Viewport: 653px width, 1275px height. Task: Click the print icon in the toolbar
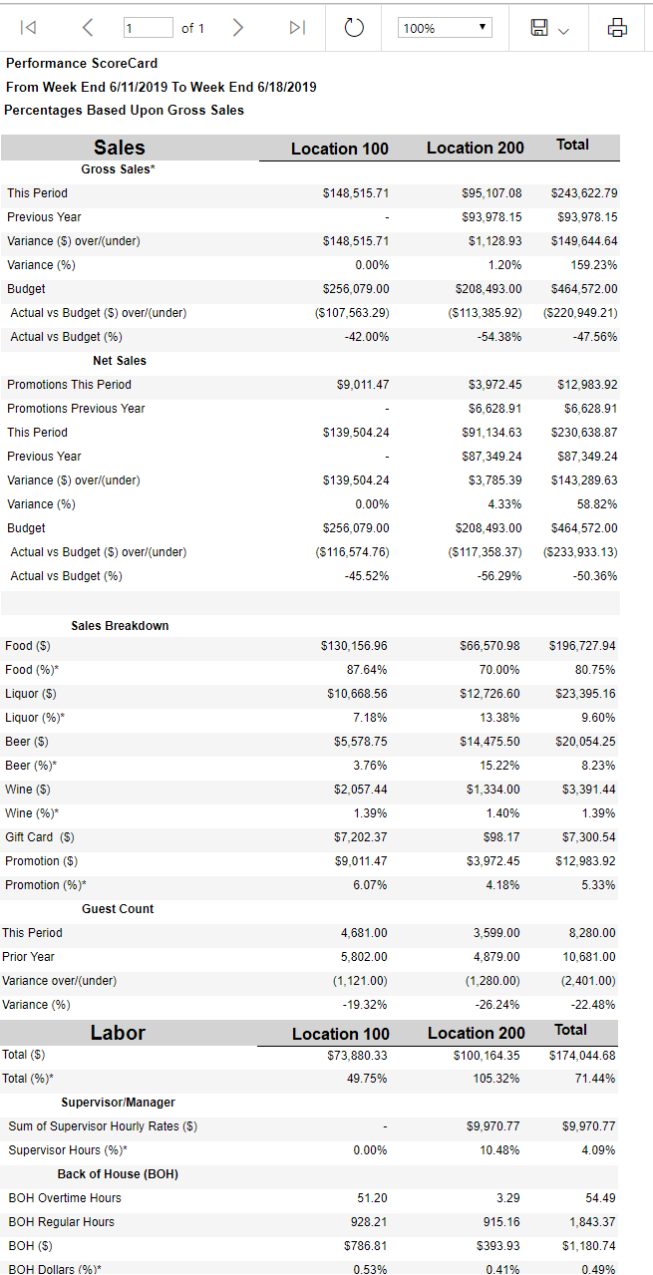click(x=617, y=28)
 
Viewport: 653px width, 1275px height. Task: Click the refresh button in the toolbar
click(x=354, y=28)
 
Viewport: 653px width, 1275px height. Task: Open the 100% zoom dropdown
click(x=445, y=28)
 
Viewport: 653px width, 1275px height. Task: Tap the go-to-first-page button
click(x=28, y=28)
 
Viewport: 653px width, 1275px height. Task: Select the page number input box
click(x=148, y=28)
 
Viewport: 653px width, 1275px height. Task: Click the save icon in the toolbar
click(x=539, y=28)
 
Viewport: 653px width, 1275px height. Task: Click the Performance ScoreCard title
click(x=82, y=63)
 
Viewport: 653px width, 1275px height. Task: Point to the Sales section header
click(x=120, y=148)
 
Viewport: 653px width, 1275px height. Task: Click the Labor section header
click(x=118, y=1033)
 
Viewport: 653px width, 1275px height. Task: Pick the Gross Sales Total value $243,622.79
click(x=583, y=192)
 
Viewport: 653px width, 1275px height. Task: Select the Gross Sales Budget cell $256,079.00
click(x=356, y=288)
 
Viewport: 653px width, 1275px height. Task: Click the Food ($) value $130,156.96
click(x=354, y=646)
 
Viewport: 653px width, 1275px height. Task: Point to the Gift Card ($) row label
click(x=40, y=837)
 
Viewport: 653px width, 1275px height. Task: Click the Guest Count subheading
click(x=118, y=909)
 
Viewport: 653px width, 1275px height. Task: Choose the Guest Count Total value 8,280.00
click(x=592, y=933)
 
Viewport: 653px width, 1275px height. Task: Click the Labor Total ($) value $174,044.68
click(x=582, y=1055)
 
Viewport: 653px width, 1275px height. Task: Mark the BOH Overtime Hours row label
click(x=65, y=1198)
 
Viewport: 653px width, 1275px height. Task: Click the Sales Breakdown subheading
click(x=120, y=626)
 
